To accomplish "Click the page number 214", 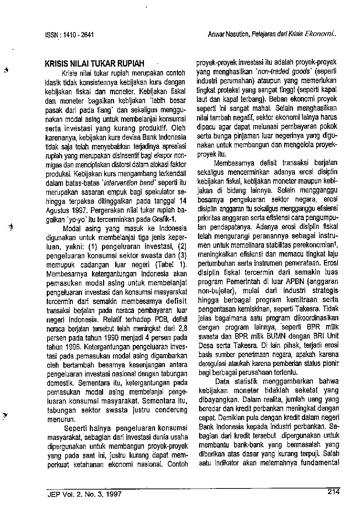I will point(333,492).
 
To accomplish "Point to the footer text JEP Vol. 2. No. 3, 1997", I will point(84,494).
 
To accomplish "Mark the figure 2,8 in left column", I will point(183,328).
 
